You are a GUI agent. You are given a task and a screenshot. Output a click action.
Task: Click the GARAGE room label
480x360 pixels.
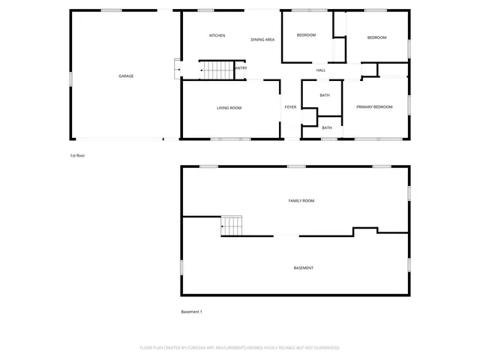(x=126, y=76)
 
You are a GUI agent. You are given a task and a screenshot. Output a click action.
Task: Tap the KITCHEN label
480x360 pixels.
(x=217, y=36)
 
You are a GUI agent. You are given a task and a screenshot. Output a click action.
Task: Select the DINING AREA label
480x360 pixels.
(x=262, y=39)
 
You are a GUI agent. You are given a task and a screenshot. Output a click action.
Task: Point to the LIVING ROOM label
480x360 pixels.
(x=229, y=108)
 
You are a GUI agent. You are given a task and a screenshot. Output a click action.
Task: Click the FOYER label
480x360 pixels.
(x=290, y=107)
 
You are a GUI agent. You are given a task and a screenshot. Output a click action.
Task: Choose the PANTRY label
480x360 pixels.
(x=240, y=68)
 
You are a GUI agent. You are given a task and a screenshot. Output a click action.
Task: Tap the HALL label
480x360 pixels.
(x=320, y=70)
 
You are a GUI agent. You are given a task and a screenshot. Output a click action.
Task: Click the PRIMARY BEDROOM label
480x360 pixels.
(x=374, y=107)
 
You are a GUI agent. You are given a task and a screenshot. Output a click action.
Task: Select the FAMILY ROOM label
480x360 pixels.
(x=301, y=201)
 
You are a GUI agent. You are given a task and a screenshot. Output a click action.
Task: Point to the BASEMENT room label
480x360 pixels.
(x=304, y=268)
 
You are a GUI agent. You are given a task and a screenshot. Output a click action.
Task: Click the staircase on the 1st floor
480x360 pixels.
(x=217, y=70)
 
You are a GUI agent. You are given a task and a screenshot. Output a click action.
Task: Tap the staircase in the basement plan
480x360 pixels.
(x=232, y=225)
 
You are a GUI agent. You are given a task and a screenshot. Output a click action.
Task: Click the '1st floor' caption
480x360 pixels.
(x=78, y=155)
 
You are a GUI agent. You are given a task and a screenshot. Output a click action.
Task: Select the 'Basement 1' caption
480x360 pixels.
(x=192, y=311)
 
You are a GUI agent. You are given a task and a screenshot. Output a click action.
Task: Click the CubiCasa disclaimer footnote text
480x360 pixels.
(x=240, y=347)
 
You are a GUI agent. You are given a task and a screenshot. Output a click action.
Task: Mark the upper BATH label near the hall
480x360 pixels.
(x=325, y=95)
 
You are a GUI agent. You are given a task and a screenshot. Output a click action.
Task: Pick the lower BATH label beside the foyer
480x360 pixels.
(x=327, y=127)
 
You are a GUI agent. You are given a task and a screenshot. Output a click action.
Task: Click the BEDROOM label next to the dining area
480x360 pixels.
(x=306, y=36)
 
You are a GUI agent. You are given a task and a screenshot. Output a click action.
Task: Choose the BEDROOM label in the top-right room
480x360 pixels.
(x=376, y=37)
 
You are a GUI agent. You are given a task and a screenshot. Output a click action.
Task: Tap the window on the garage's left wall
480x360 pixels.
(x=71, y=77)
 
